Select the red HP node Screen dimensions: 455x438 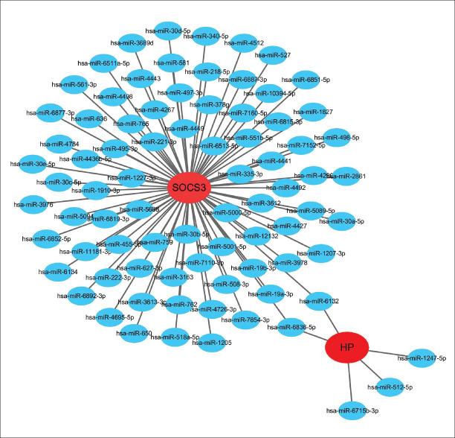[346, 347]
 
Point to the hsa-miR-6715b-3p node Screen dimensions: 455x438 [354, 410]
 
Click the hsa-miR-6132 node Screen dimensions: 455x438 [320, 300]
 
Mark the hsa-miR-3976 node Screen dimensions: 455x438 [33, 203]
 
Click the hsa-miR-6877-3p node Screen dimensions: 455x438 [57, 112]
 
